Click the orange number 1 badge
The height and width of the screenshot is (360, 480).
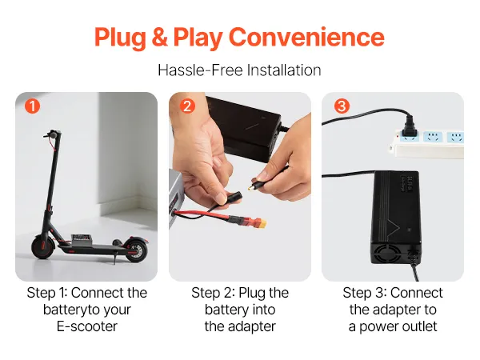(32, 106)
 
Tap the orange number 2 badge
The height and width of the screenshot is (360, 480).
(187, 106)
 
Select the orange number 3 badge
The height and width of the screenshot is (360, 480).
(342, 106)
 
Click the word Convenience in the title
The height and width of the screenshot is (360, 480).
(306, 37)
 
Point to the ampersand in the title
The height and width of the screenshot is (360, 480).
(159, 37)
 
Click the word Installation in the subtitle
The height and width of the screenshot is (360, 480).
(284, 70)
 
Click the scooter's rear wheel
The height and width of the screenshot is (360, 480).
(136, 250)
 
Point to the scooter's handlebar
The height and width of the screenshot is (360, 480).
(52, 134)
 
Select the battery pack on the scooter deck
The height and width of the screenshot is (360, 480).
(81, 239)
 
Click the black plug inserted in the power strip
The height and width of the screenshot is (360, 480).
(409, 127)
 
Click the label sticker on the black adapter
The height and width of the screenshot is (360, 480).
(406, 184)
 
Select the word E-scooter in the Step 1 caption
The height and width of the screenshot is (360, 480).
(87, 326)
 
